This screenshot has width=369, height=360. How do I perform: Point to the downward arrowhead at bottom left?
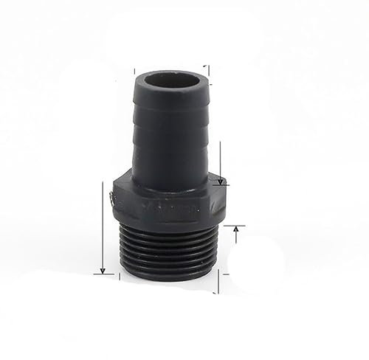102,269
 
